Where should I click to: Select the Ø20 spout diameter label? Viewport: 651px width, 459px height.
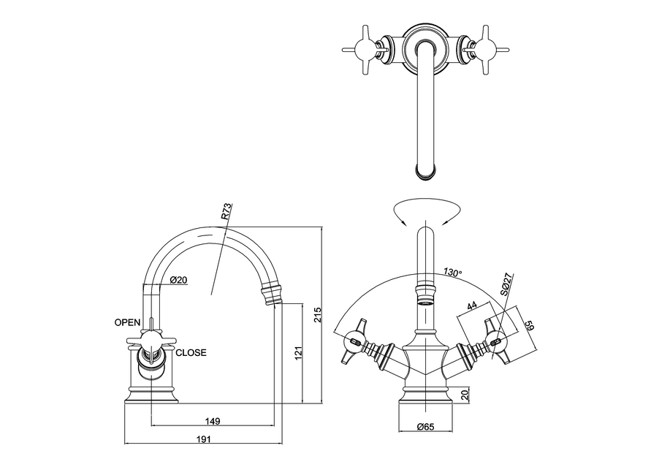179,280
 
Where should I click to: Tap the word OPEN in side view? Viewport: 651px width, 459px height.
127,322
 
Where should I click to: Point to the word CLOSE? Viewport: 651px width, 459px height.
191,352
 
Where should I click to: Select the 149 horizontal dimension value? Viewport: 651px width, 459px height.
213,422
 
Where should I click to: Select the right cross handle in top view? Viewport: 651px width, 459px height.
484,49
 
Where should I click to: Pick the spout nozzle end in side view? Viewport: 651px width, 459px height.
275,295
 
